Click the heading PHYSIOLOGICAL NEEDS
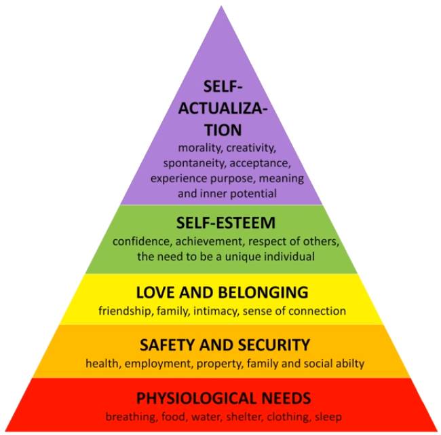223,398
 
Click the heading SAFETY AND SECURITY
224,345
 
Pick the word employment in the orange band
151,363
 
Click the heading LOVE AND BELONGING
223,293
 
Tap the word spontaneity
191,163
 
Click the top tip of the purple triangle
221,7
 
